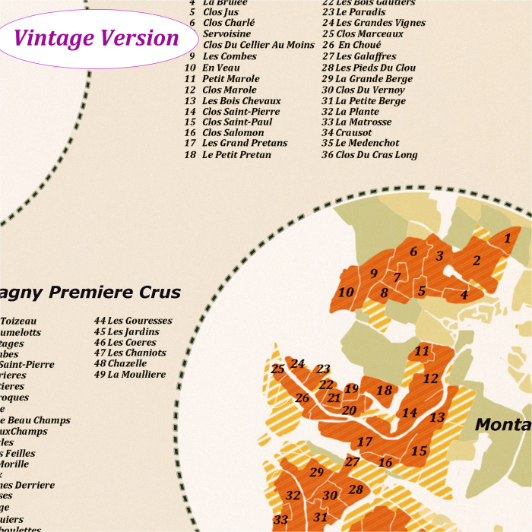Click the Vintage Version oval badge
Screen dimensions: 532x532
click(96, 37)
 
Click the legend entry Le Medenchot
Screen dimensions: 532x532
click(367, 143)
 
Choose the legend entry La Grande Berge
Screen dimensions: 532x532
click(374, 79)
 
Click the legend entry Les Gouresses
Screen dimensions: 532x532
click(139, 321)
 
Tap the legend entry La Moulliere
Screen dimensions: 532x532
click(136, 375)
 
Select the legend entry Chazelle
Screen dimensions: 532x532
click(127, 363)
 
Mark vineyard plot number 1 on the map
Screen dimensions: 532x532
click(507, 239)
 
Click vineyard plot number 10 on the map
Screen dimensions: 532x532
click(346, 293)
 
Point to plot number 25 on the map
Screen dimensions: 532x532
click(277, 369)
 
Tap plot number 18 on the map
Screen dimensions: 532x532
click(385, 391)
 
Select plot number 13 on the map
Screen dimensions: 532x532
click(437, 417)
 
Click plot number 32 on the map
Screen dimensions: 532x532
click(293, 496)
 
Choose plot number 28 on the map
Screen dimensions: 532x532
click(356, 489)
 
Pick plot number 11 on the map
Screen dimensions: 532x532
click(422, 351)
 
